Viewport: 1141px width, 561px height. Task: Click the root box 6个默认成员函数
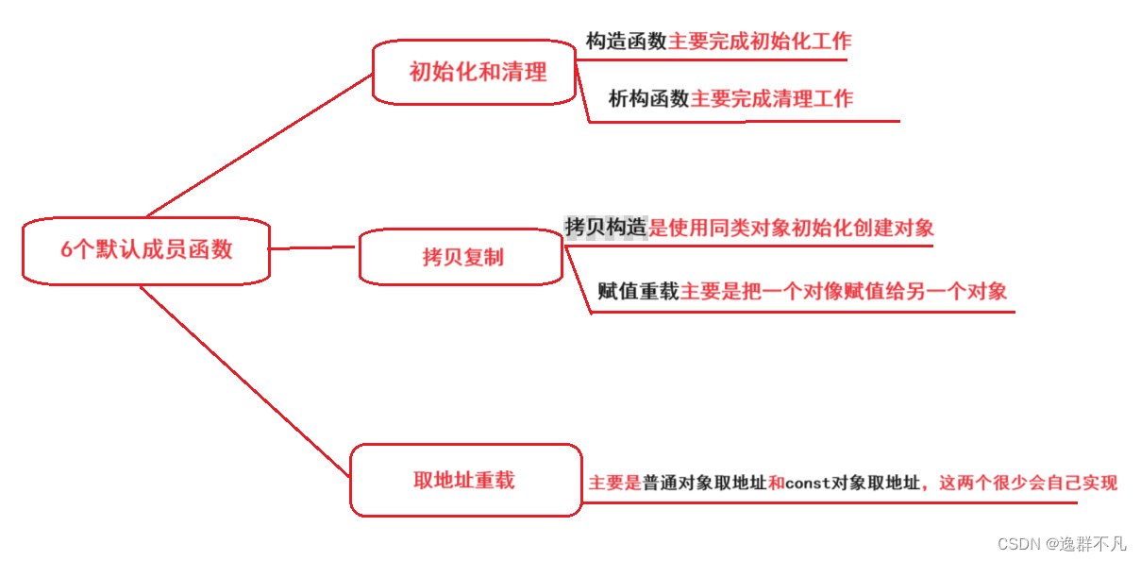coord(146,250)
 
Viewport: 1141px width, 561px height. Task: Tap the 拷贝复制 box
coord(461,257)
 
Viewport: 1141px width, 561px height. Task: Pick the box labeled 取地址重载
coord(465,480)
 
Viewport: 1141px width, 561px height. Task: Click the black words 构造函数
coord(627,42)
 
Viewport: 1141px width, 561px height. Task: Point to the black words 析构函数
coord(648,98)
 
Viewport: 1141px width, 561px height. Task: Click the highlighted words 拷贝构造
coord(606,227)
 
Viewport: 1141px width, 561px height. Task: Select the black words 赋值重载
coord(638,291)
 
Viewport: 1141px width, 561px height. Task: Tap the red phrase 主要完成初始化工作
coord(760,42)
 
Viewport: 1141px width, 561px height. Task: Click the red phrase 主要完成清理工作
coord(772,98)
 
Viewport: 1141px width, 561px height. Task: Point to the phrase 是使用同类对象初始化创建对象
coord(792,227)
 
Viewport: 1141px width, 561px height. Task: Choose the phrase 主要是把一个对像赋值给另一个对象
coord(844,291)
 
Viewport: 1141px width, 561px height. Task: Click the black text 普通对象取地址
coord(704,483)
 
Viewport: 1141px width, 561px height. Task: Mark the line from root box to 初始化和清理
coord(260,145)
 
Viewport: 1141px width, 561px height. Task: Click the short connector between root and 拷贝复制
coord(314,248)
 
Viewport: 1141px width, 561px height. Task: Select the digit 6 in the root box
coord(66,250)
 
